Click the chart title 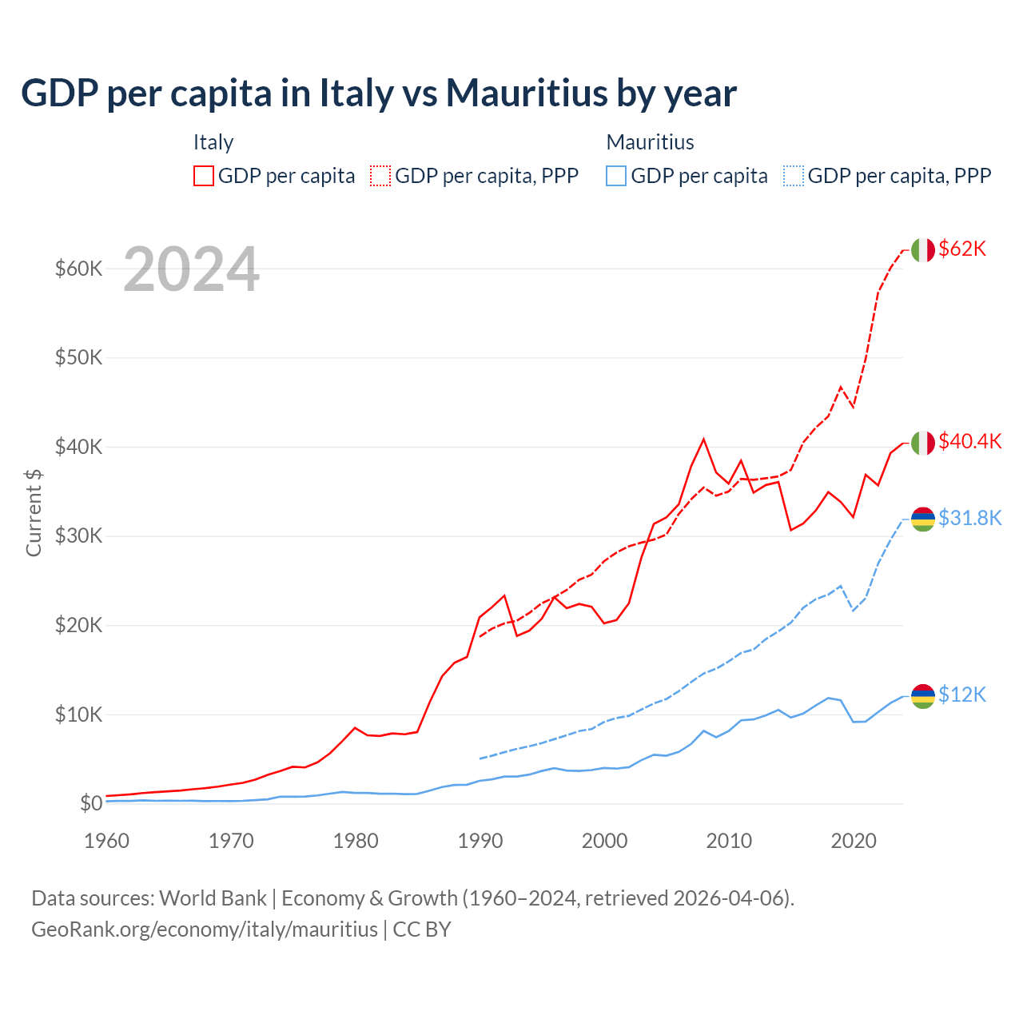378,94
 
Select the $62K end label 962,249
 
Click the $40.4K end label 969,441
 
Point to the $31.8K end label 969,518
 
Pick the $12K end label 962,695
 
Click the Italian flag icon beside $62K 923,250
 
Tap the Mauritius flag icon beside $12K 923,696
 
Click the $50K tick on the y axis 79,357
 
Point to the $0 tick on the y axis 91,803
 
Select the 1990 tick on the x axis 480,841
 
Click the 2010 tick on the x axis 729,841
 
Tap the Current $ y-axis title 34,512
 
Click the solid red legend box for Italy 204,176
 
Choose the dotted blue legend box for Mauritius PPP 794,176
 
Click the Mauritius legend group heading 650,142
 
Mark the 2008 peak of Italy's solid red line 703,439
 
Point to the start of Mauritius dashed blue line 480,758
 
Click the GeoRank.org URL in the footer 204,929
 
